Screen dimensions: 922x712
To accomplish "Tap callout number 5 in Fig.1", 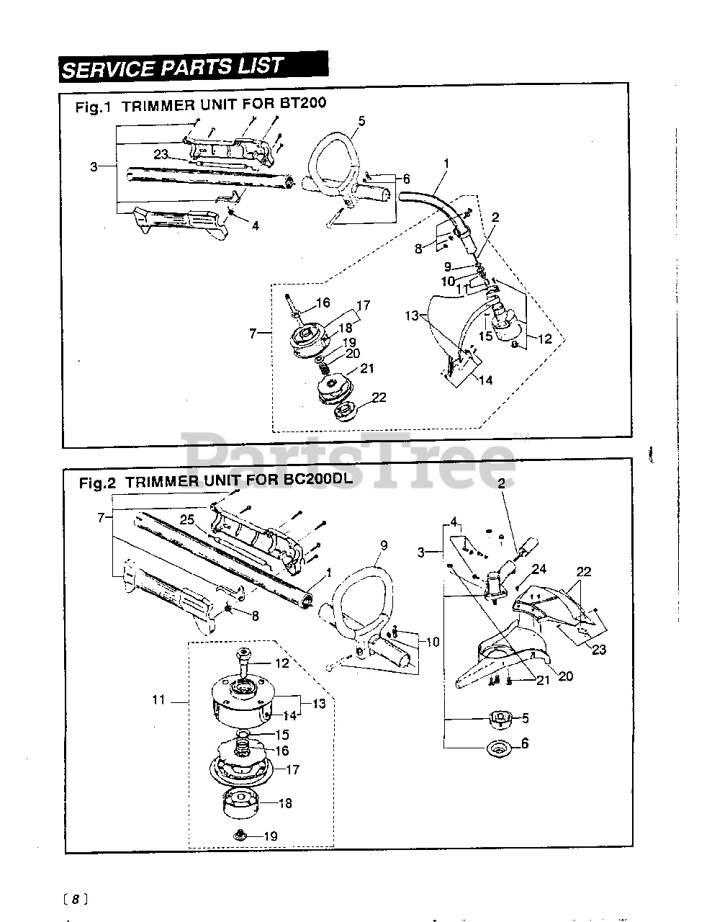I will [x=361, y=121].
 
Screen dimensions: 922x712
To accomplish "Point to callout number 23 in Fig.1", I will [x=161, y=153].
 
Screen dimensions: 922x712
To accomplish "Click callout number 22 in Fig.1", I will [x=379, y=398].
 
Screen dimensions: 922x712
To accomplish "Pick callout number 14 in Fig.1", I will [x=485, y=380].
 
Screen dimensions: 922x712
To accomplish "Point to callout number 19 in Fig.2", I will [x=270, y=836].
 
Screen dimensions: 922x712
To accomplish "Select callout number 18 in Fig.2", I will [x=285, y=803].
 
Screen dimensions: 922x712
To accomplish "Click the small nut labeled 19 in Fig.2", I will [x=241, y=835].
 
